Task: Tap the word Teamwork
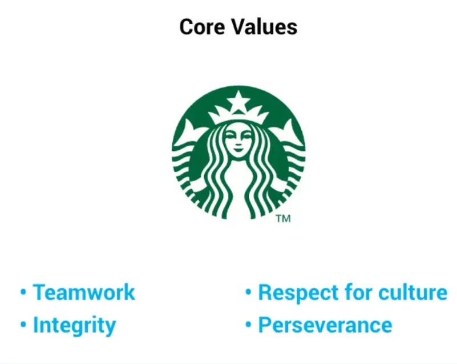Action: click(x=84, y=293)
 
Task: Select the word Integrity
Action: click(x=74, y=326)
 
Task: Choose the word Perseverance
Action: click(x=325, y=326)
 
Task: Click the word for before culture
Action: click(x=360, y=293)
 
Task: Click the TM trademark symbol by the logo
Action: click(x=283, y=219)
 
